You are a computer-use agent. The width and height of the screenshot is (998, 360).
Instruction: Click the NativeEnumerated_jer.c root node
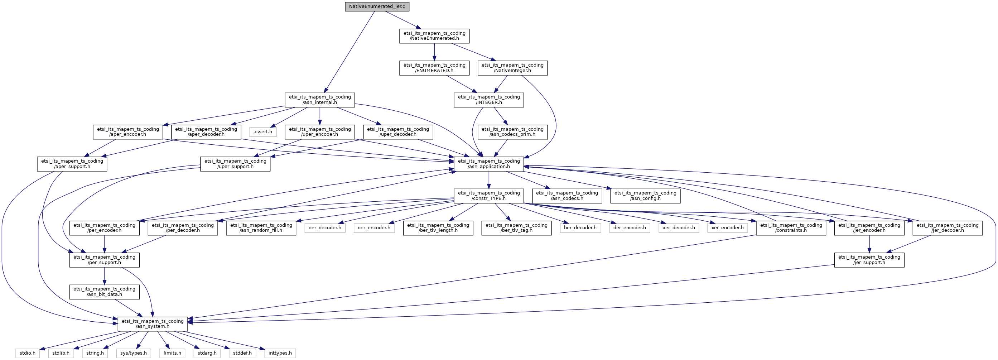click(x=377, y=6)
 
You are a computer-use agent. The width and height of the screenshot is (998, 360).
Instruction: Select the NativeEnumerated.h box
click(x=434, y=36)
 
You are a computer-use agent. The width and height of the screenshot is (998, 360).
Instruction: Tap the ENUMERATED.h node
click(x=434, y=68)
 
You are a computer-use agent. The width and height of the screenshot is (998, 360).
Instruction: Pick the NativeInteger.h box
click(x=512, y=68)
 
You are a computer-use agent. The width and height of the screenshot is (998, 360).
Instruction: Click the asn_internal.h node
click(x=320, y=100)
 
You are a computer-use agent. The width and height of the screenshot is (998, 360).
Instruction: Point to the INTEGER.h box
click(x=489, y=100)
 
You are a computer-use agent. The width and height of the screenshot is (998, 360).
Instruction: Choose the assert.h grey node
click(x=263, y=132)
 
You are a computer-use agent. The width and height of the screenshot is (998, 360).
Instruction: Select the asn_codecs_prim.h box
click(x=512, y=132)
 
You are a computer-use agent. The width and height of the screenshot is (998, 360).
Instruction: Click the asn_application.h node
click(x=489, y=164)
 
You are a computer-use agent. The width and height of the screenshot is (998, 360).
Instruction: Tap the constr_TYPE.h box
click(x=489, y=196)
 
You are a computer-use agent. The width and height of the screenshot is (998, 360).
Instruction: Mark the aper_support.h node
click(x=72, y=164)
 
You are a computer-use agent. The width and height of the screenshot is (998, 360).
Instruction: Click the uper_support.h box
click(x=235, y=164)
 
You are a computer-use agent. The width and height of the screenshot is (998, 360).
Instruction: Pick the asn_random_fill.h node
click(x=261, y=228)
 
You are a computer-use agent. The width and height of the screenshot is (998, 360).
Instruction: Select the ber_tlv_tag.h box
click(x=516, y=228)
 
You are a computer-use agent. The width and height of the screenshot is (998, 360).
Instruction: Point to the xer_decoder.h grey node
click(x=679, y=228)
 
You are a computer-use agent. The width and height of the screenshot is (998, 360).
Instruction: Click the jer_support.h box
click(x=869, y=260)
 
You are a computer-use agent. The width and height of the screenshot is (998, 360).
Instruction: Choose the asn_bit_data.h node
click(x=105, y=292)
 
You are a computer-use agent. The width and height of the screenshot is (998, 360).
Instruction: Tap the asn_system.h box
click(x=153, y=324)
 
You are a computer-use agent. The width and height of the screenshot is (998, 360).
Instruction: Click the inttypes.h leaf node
click(x=280, y=354)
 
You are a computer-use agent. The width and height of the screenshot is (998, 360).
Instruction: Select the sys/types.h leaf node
click(x=134, y=354)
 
